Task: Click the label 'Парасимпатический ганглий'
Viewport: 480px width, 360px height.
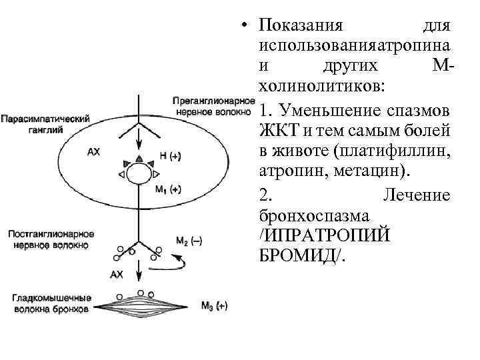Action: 45,125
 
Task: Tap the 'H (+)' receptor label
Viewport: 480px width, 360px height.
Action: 170,154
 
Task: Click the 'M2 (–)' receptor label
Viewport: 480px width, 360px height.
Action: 189,241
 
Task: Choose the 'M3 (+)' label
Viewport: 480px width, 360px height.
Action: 214,306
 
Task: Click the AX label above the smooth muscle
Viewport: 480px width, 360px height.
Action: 116,274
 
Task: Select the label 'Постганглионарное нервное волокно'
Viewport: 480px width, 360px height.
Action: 51,240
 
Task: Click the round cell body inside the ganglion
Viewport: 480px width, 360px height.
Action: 140,175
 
